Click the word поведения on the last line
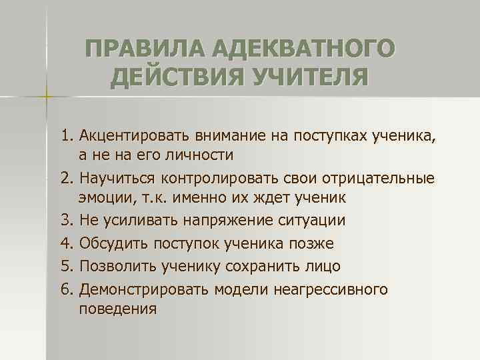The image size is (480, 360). coord(117,309)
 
